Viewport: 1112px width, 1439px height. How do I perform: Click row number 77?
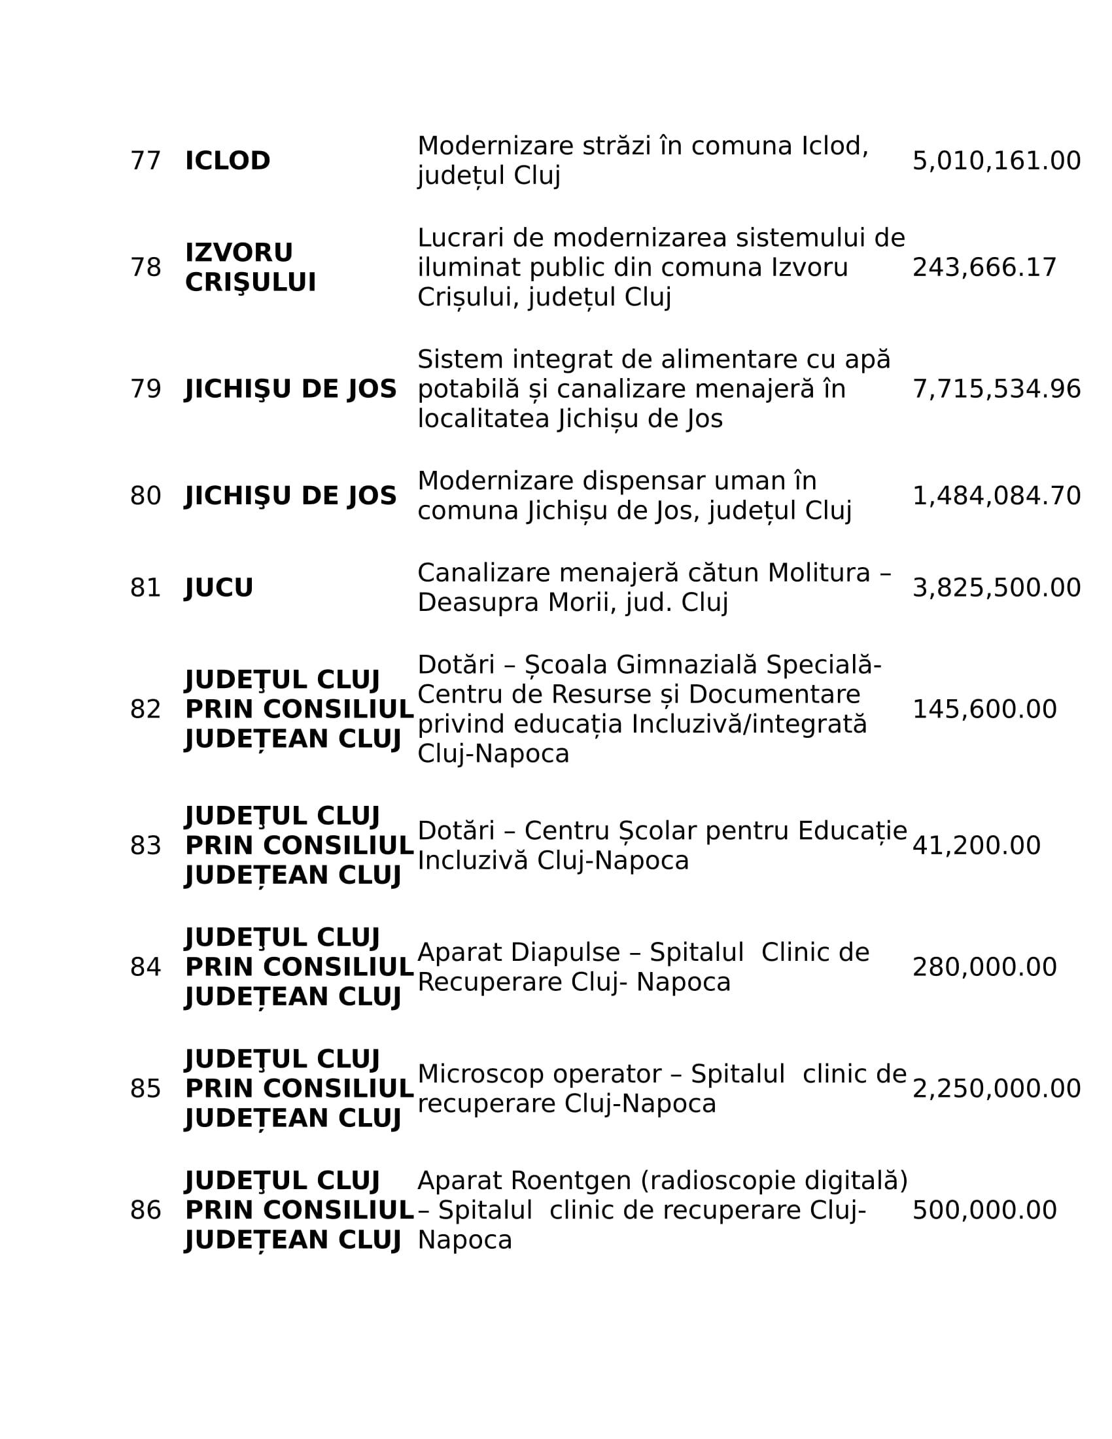pyautogui.click(x=145, y=162)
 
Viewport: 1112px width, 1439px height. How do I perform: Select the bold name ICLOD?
pyautogui.click(x=227, y=162)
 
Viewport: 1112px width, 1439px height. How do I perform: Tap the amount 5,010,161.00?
pyautogui.click(x=996, y=162)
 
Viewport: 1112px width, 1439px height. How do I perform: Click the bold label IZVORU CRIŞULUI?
pyautogui.click(x=251, y=268)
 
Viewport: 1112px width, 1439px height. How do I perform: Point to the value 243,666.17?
pyautogui.click(x=984, y=268)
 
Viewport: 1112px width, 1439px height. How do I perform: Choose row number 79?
pyautogui.click(x=145, y=389)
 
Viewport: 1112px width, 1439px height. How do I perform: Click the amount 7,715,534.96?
pyautogui.click(x=996, y=389)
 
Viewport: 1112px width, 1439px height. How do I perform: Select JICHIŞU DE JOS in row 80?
pyautogui.click(x=290, y=496)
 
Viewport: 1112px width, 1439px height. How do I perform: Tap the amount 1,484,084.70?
pyautogui.click(x=996, y=496)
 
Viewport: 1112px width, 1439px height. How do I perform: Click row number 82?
pyautogui.click(x=145, y=710)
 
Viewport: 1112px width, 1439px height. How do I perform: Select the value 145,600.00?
pyautogui.click(x=984, y=710)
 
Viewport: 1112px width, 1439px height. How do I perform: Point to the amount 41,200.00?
pyautogui.click(x=977, y=846)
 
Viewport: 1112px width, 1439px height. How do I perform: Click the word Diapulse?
pyautogui.click(x=565, y=953)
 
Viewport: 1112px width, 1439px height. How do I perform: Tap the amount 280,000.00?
pyautogui.click(x=984, y=967)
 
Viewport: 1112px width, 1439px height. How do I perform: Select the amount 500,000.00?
pyautogui.click(x=984, y=1210)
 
